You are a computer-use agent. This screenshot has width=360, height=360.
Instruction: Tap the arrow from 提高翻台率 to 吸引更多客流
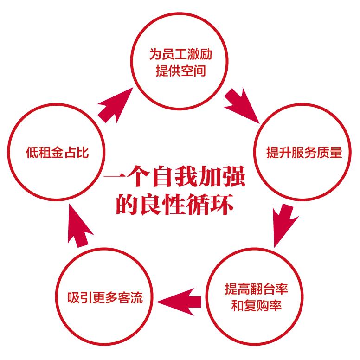coord(180,302)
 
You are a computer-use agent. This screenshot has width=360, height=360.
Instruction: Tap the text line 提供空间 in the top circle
coord(180,72)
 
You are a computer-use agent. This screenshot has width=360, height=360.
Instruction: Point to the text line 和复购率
coord(256,306)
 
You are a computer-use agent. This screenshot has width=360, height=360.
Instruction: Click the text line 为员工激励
coord(180,55)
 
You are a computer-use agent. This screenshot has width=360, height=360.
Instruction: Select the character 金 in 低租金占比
coord(57,153)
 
